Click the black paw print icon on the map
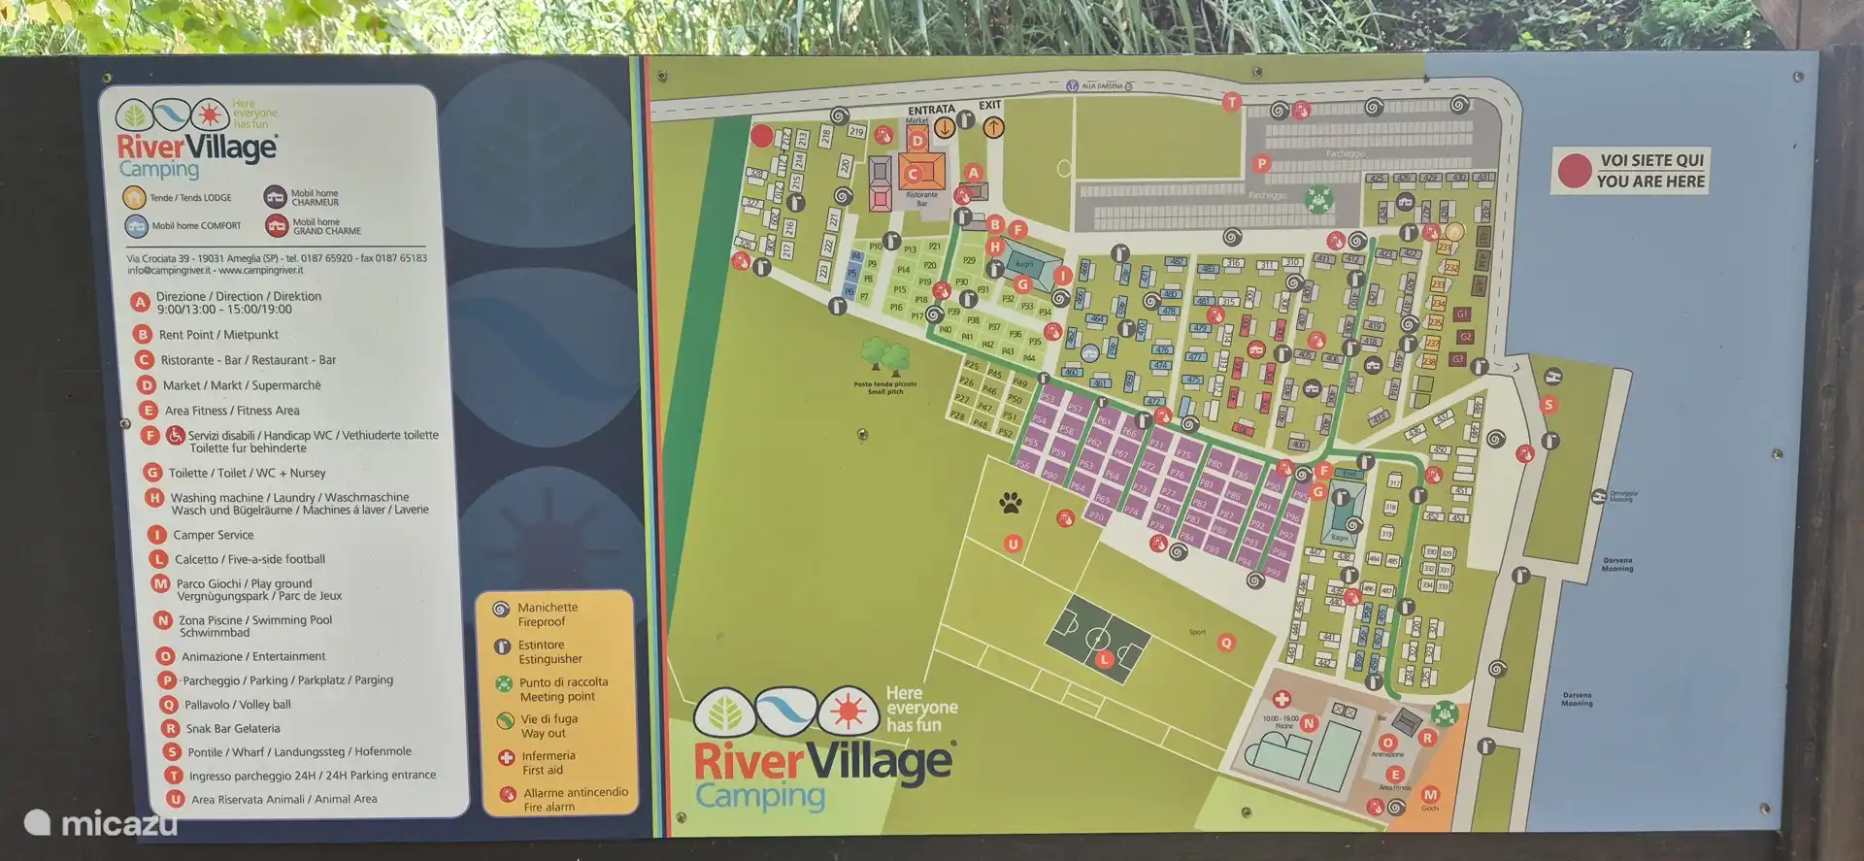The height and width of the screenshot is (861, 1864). click(x=1011, y=502)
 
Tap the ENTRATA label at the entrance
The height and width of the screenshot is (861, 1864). click(x=931, y=110)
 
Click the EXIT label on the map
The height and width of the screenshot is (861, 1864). click(x=989, y=105)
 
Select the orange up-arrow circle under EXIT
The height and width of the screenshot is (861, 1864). click(x=992, y=127)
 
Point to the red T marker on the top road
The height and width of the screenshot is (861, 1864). click(x=1232, y=102)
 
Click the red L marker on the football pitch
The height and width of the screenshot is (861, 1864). click(x=1104, y=659)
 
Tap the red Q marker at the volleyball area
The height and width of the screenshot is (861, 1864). click(x=1226, y=643)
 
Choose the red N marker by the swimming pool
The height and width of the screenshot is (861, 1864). click(x=1309, y=723)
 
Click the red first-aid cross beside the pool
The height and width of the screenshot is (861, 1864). click(x=1281, y=700)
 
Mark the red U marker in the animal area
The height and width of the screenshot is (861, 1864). click(x=1013, y=545)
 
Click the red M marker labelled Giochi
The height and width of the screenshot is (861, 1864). click(x=1430, y=795)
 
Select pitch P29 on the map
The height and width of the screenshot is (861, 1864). click(x=968, y=260)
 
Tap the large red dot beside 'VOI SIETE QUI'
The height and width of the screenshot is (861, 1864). click(x=1574, y=171)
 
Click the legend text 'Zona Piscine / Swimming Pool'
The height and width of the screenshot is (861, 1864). click(x=255, y=620)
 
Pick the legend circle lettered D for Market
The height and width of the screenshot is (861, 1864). click(x=147, y=385)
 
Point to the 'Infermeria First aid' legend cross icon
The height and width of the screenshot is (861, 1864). click(x=506, y=757)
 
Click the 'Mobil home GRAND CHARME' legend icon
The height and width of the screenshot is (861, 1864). click(x=277, y=226)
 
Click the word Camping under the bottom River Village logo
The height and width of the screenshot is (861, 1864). click(x=760, y=796)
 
